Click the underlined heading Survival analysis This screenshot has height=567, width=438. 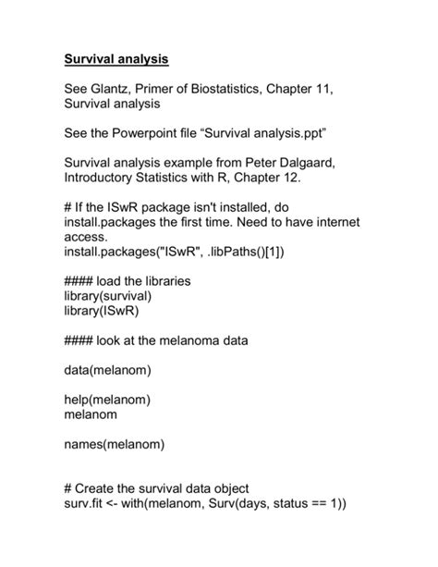(x=116, y=59)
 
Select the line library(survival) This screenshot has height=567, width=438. (x=107, y=296)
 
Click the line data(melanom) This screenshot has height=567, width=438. (x=107, y=371)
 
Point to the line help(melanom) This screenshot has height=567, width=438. (x=107, y=400)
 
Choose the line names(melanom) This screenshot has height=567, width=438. (x=114, y=445)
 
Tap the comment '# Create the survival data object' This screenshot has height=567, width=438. (x=170, y=488)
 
